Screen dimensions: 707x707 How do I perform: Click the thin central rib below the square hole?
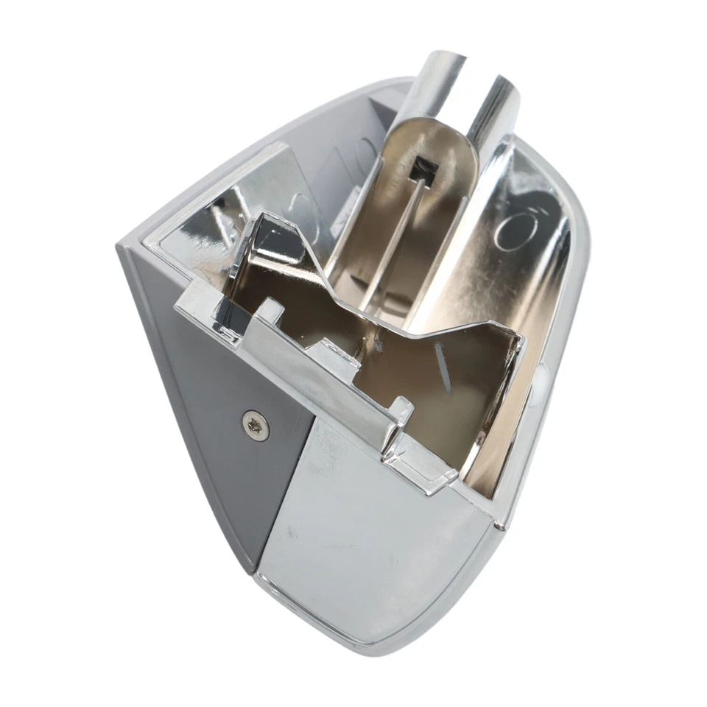[x=401, y=236]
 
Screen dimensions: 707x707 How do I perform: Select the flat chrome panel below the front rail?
[x=368, y=530]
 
